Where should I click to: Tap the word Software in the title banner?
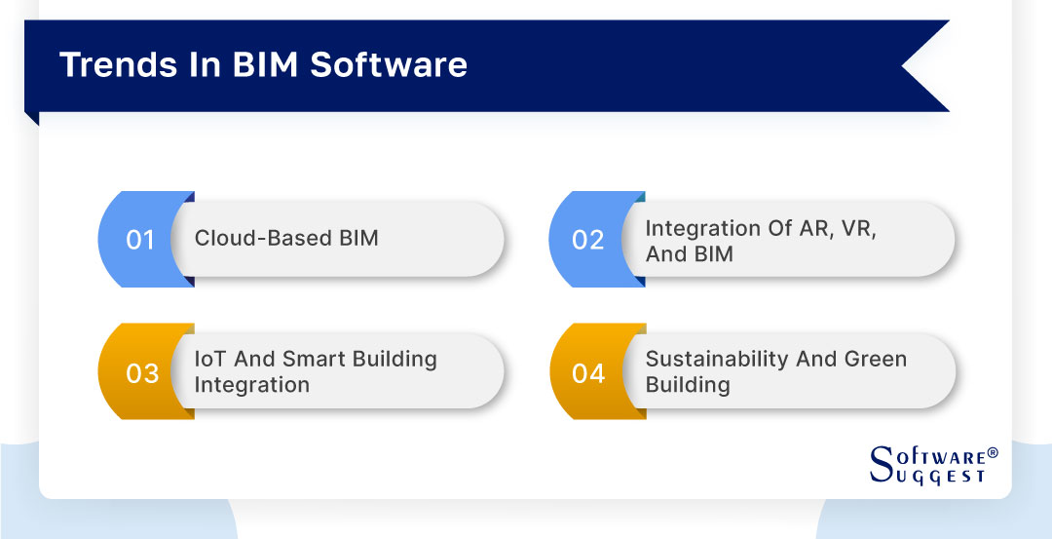[389, 64]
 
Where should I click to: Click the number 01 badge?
[140, 240]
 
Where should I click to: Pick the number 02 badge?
[587, 240]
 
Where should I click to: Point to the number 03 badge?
[142, 373]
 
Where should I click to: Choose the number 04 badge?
[588, 373]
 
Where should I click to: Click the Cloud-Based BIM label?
[286, 239]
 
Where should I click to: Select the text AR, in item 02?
[816, 228]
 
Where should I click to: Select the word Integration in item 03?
[251, 385]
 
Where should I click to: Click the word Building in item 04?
[687, 385]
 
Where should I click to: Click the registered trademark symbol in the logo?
[993, 454]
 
